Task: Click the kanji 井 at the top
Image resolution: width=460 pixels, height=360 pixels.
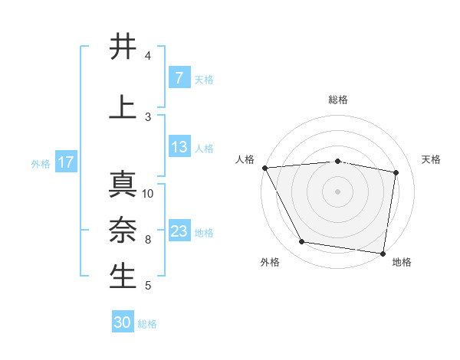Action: (x=123, y=47)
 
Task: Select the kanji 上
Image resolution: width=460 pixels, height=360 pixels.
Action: (x=123, y=106)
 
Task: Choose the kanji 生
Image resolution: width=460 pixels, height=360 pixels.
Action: (x=123, y=276)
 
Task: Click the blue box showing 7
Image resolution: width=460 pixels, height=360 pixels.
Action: (x=179, y=78)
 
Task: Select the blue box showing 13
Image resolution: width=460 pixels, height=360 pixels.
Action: (x=179, y=147)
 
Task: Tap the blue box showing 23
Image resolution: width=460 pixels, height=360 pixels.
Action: (x=179, y=231)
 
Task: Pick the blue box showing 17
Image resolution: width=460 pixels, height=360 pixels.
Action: (x=65, y=162)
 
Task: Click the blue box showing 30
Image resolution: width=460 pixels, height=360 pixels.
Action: (x=123, y=322)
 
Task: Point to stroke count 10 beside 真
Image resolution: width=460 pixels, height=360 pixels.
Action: (x=148, y=193)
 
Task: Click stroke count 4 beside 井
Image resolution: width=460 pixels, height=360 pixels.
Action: (x=148, y=56)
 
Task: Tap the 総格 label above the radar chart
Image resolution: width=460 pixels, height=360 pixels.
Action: (x=338, y=100)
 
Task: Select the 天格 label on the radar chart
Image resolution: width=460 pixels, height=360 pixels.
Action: (x=431, y=159)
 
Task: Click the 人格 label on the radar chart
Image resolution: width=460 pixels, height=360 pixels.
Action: (x=245, y=159)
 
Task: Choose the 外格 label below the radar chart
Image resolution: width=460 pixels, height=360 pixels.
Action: (x=270, y=262)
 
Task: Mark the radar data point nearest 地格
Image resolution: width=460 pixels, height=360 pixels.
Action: (x=383, y=253)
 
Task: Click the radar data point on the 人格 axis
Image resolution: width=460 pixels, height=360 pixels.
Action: (x=264, y=168)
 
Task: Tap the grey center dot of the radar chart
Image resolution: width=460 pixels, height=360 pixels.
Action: (x=338, y=191)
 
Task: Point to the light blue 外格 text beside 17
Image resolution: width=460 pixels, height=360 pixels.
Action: (x=41, y=162)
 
